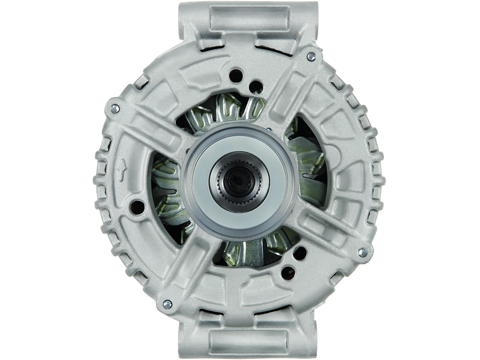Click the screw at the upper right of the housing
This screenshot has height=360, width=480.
[310, 56]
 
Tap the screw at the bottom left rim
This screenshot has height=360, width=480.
[167, 302]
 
